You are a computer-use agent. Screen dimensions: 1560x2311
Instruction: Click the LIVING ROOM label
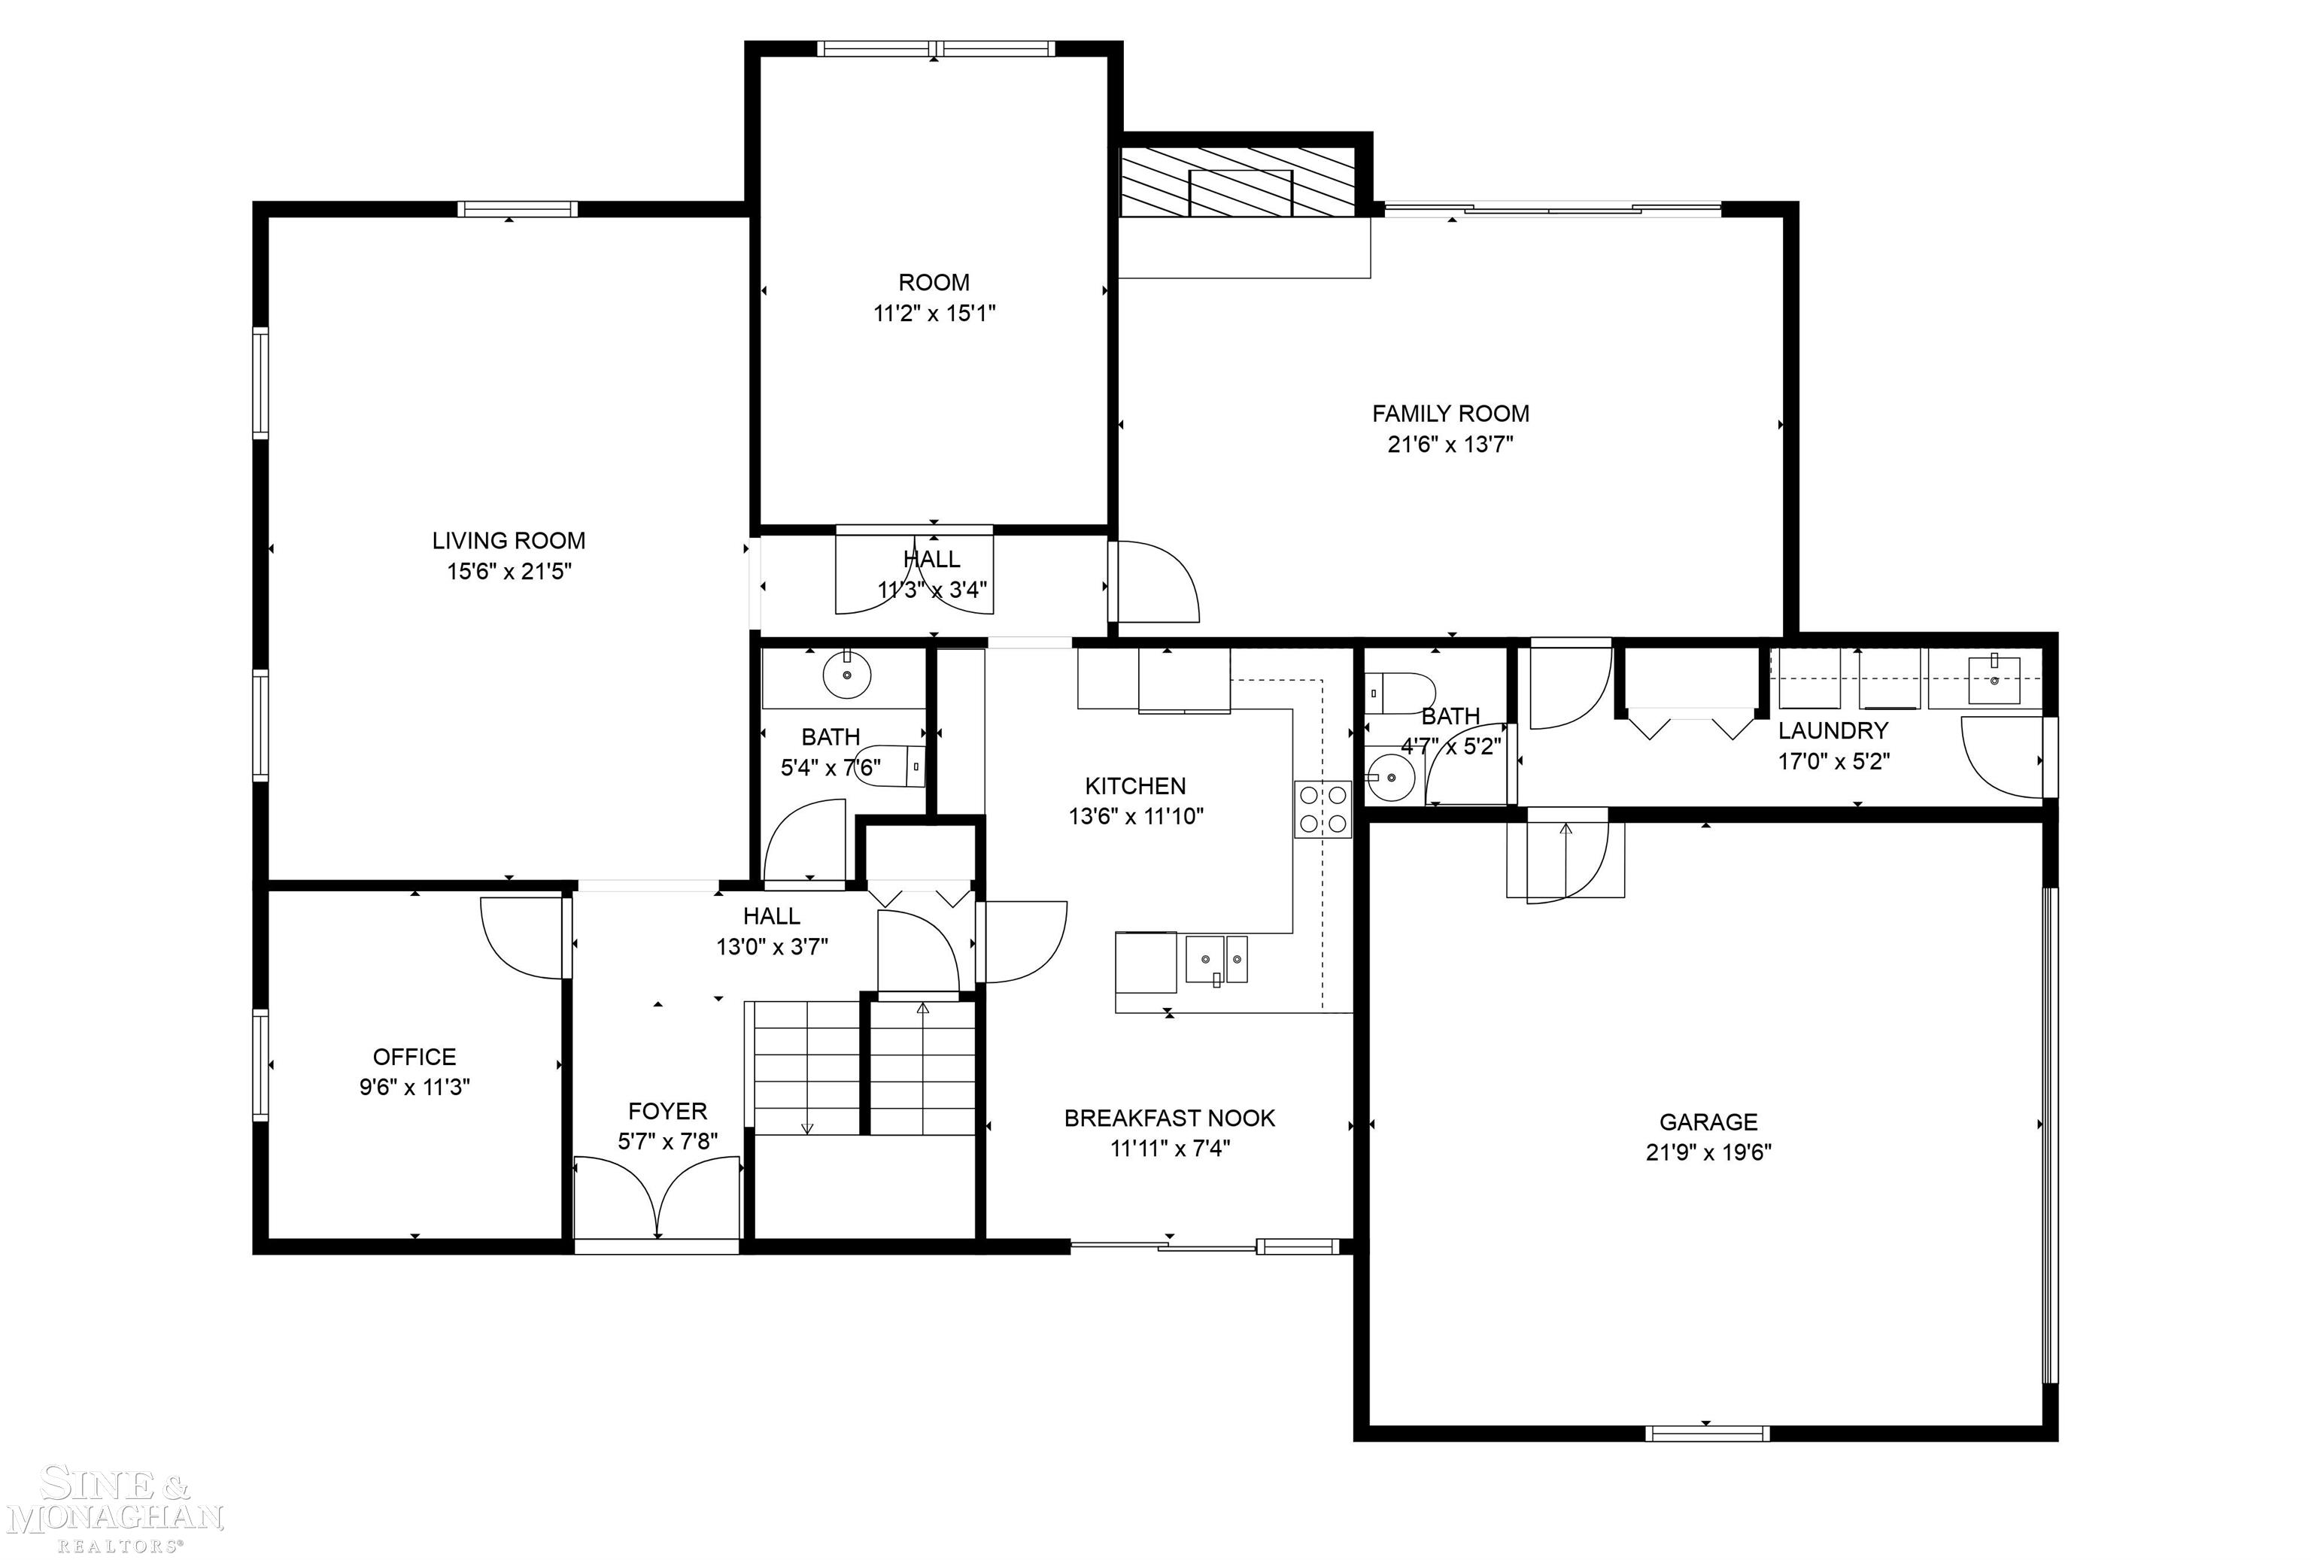[x=508, y=541]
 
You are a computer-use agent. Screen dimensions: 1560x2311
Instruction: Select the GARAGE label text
[x=1708, y=1121]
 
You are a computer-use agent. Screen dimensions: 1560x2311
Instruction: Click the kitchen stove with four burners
[x=1322, y=809]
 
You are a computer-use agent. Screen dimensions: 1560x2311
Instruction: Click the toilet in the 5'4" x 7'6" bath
[x=890, y=766]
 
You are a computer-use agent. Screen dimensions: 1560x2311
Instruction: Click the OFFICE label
[x=414, y=1057]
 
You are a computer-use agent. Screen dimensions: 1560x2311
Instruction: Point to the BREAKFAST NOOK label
[x=1170, y=1118]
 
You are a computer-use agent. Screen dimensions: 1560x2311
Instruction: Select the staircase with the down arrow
[x=806, y=1068]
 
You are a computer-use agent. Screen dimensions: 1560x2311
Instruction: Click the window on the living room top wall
[x=517, y=209]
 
